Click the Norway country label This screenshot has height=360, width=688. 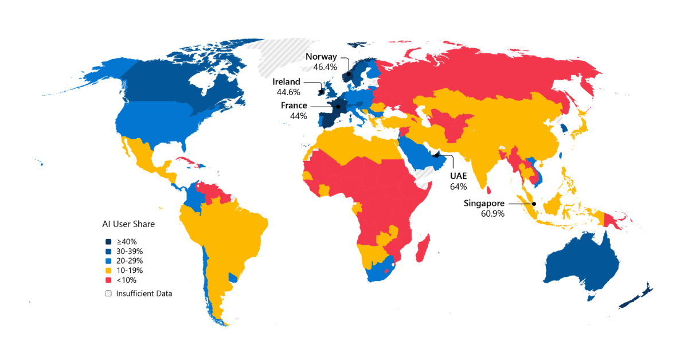(321, 57)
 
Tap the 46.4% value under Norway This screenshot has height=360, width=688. (325, 67)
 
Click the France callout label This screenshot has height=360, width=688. (294, 105)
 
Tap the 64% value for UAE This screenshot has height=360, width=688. (459, 186)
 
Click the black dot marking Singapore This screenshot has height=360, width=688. (534, 204)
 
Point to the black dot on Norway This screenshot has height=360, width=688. (348, 74)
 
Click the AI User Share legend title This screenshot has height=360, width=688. (128, 224)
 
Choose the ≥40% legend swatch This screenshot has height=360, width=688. (108, 242)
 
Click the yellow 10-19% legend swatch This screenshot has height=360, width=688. (108, 270)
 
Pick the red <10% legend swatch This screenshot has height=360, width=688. (108, 280)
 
